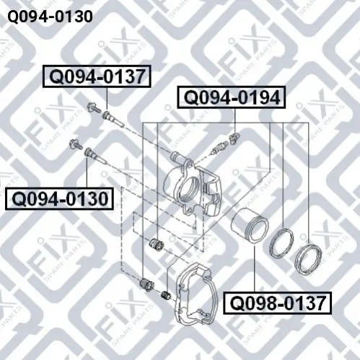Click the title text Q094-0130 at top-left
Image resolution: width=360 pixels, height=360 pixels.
[50, 17]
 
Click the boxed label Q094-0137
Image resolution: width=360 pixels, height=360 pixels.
[97, 76]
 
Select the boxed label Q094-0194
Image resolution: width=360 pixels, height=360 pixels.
[232, 97]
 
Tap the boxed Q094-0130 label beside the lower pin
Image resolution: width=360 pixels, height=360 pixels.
[59, 199]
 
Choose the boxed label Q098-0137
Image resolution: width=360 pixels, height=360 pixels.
[277, 303]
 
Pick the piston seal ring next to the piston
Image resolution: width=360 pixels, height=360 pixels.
[281, 242]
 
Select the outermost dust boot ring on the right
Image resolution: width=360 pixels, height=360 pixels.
[309, 259]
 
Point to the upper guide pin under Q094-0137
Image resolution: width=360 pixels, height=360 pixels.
[113, 119]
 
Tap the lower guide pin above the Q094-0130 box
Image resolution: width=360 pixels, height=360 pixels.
[95, 156]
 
